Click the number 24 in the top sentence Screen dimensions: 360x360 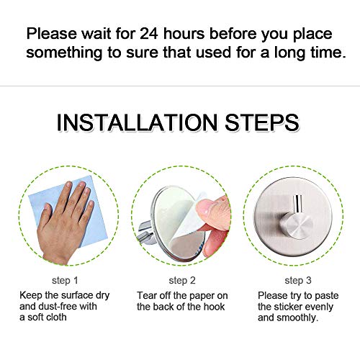tap(149, 33)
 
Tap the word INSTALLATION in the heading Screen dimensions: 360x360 tap(137, 122)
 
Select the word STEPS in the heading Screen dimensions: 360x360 tap(262, 122)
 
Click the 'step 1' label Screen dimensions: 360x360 tap(65, 280)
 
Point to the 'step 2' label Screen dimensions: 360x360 tap(182, 280)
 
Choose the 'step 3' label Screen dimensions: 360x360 tap(298, 280)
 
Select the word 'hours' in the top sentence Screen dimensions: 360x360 tap(184, 33)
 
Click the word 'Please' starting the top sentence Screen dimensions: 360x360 tap(52, 33)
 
